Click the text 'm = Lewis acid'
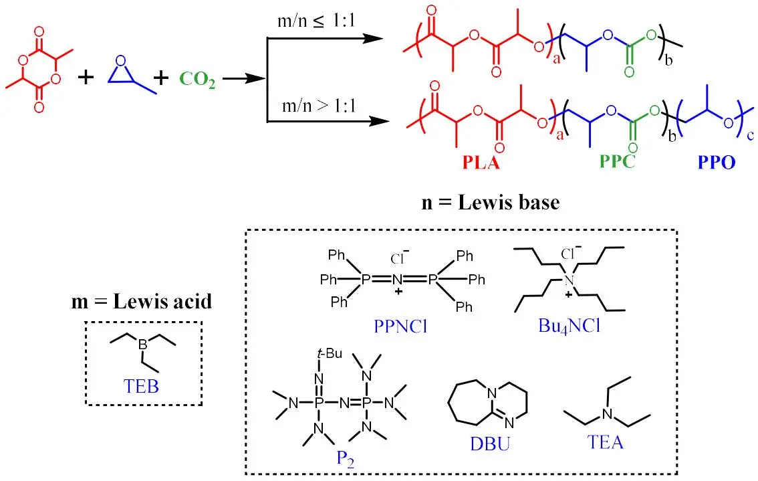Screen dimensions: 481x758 pos(142,302)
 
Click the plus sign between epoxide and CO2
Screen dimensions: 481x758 pos(161,78)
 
